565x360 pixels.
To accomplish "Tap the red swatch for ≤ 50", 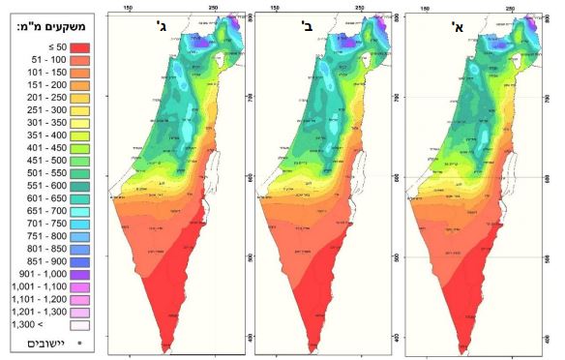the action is [x=80, y=45].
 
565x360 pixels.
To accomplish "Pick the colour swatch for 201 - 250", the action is [x=80, y=99].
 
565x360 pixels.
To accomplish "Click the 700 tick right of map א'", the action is [x=400, y=97].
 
